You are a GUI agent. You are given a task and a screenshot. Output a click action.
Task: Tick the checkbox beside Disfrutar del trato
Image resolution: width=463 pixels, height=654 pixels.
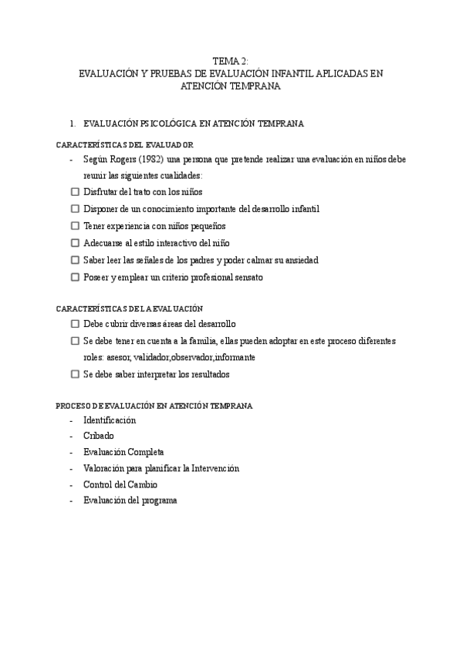pos(75,192)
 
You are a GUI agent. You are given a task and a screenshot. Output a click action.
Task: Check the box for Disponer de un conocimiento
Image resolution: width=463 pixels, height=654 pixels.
pos(75,209)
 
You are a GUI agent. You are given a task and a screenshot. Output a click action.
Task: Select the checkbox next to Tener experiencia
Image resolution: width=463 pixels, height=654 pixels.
pos(75,226)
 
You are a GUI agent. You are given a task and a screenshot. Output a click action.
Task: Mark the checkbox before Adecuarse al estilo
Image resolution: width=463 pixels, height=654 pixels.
pos(75,243)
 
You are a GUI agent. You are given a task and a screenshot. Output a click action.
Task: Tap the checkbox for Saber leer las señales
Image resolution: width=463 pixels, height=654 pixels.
pos(75,260)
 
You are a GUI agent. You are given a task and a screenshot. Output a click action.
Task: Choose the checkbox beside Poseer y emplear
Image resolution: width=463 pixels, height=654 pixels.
pos(75,277)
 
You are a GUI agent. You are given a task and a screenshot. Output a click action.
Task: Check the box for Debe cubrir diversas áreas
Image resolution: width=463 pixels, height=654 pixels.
pos(75,324)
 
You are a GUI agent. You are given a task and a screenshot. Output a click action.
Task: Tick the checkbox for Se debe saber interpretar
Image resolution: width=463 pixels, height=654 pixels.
pos(75,375)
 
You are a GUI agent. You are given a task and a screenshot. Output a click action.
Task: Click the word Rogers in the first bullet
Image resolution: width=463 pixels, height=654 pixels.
pos(115,159)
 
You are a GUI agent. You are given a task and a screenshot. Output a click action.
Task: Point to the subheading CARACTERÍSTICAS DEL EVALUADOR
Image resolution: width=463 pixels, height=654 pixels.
pos(125,144)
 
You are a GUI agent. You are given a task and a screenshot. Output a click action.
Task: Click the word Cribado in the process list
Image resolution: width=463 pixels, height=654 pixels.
pos(98,436)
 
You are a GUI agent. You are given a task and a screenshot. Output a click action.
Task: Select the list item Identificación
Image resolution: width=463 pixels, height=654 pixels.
pos(110,420)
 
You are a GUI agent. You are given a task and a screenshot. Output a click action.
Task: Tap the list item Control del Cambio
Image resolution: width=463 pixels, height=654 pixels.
pos(120,484)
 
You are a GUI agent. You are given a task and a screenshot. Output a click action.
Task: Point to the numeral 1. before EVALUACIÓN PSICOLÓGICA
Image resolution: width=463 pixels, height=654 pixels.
pos(72,123)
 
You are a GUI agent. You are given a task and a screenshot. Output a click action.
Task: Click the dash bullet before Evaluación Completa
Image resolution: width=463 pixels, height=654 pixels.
pos(71,453)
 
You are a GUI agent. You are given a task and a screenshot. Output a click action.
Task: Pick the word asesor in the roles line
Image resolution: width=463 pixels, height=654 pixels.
pos(113,358)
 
